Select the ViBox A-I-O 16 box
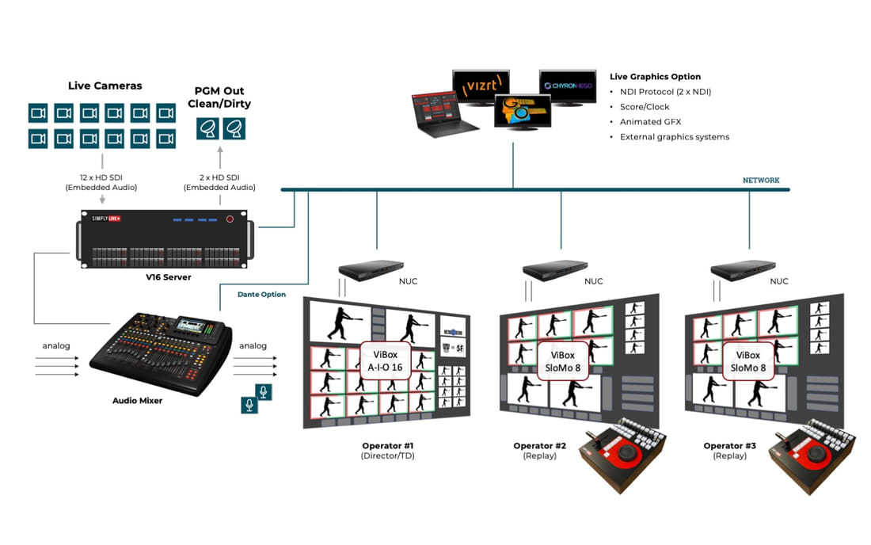coord(385,360)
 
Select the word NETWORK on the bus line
coord(760,181)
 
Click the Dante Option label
coord(262,295)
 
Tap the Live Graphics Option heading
coord(655,77)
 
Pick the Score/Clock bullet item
coord(645,107)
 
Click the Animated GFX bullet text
coord(651,122)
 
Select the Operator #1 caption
coord(387,446)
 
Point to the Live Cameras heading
coord(105,86)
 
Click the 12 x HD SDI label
coord(101,179)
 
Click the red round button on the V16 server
coord(230,219)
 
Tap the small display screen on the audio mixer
coord(192,325)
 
